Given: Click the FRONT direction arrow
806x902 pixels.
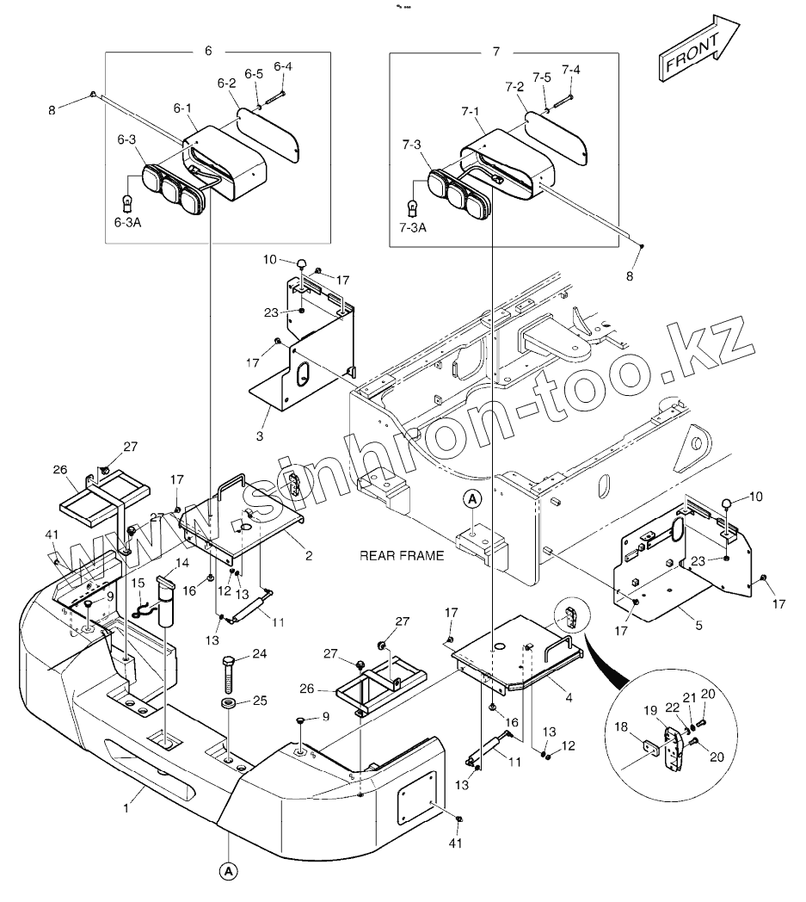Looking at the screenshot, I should [698, 53].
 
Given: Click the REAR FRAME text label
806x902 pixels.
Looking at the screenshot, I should [403, 556].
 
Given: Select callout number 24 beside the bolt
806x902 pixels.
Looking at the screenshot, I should [259, 655].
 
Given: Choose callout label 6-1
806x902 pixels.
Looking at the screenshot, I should [182, 108].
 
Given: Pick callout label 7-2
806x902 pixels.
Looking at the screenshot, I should [514, 87].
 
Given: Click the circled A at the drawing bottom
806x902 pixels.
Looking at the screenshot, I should [228, 871].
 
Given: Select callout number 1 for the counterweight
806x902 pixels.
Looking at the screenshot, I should [126, 807].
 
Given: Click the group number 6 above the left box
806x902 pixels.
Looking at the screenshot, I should [208, 51].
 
